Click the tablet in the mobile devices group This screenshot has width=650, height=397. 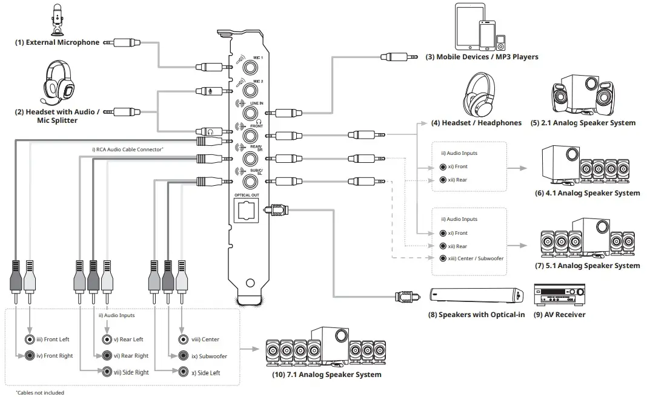coord(469,27)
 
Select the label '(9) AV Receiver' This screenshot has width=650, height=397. coord(559,315)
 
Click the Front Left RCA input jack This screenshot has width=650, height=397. coord(29,340)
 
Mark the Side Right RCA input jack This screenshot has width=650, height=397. coord(107,372)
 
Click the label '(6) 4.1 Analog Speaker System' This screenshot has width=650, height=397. coord(587,193)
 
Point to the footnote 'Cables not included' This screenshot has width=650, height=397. coord(40,393)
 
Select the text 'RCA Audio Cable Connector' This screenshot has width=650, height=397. coord(128,148)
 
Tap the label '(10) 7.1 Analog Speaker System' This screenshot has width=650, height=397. coord(327,375)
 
